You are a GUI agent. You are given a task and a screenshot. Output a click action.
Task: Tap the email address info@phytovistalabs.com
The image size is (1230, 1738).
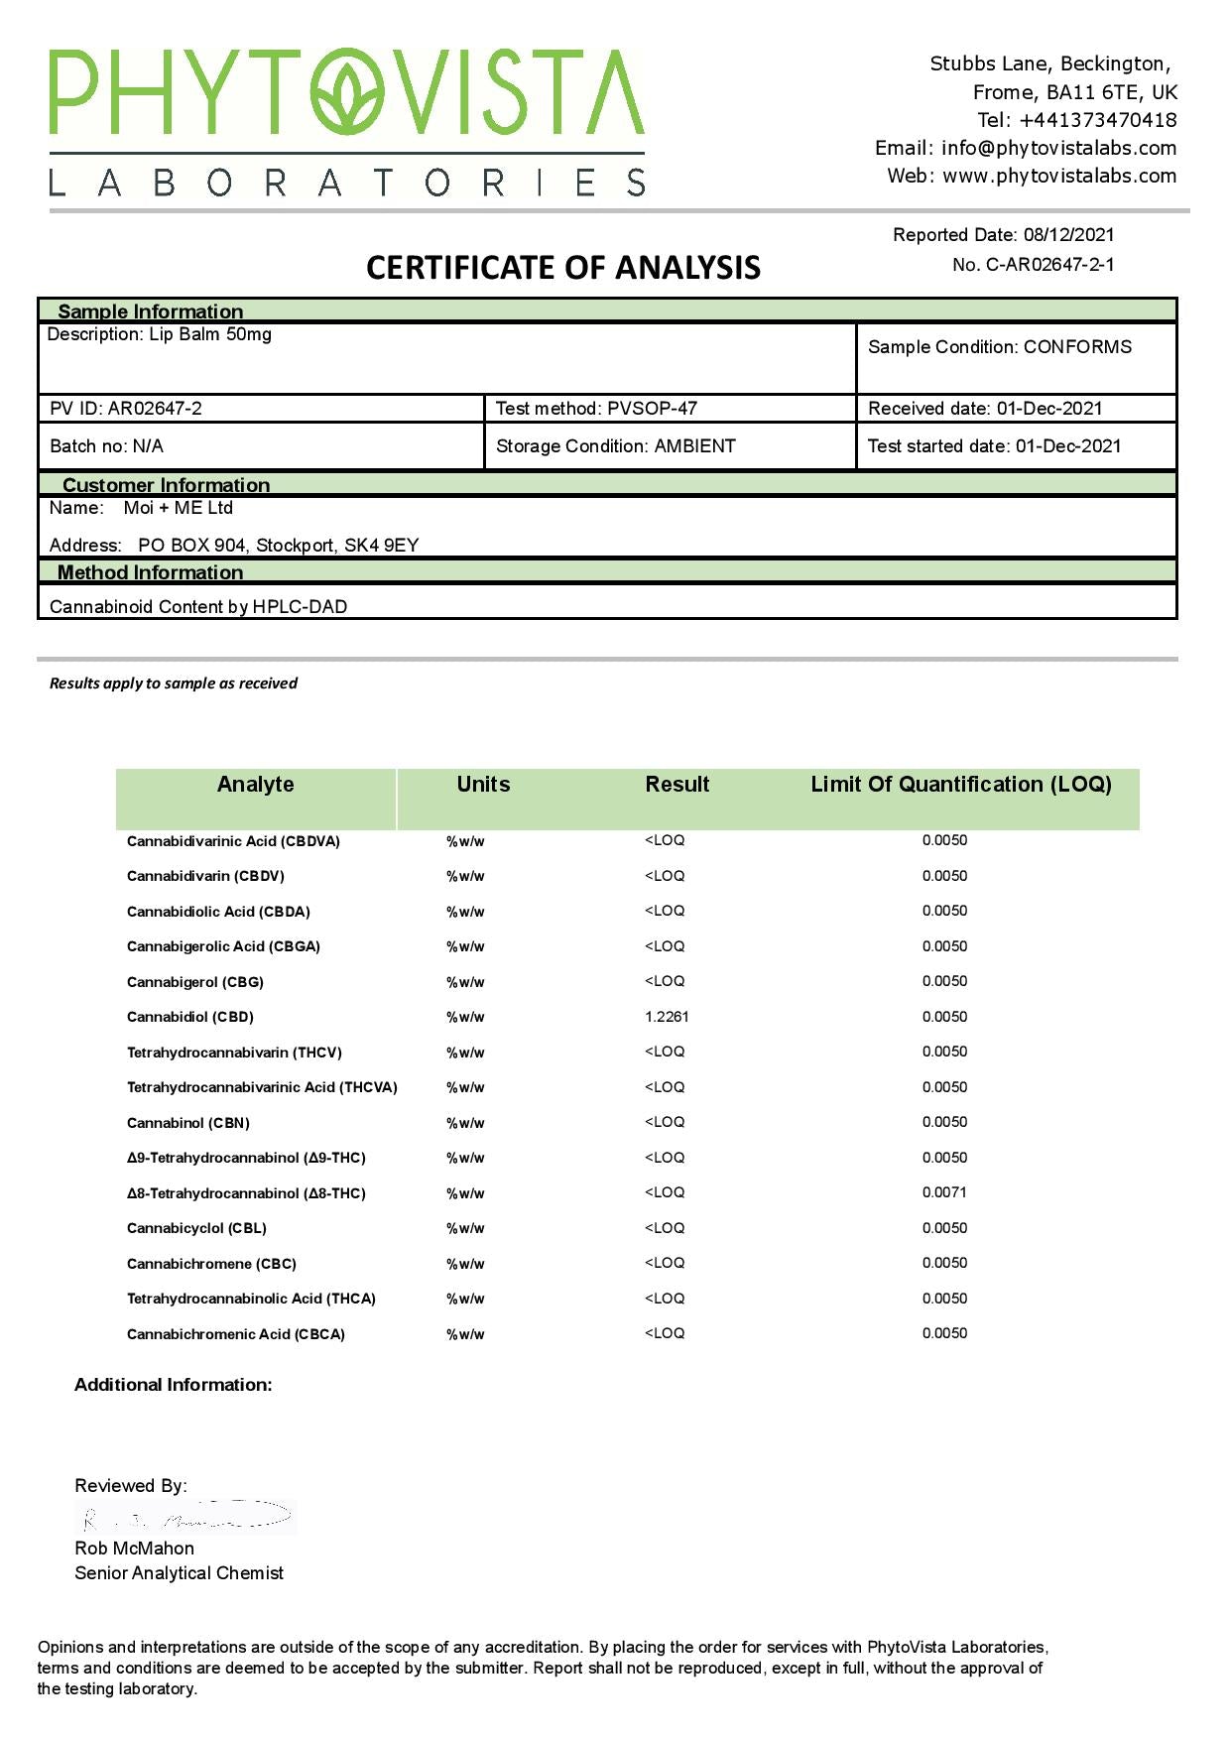point(1058,148)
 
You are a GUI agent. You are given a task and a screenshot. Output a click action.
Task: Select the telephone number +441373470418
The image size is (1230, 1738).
point(1097,120)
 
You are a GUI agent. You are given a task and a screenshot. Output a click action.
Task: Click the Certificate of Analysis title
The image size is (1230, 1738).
point(563,267)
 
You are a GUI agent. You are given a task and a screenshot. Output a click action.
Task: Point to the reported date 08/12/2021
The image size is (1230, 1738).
point(1068,235)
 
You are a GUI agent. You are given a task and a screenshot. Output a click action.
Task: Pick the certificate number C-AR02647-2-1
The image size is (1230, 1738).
point(1049,265)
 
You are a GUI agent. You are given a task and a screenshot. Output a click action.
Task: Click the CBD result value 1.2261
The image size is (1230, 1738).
point(667,1017)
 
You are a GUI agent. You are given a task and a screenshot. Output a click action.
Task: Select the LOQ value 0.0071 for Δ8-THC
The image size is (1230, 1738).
point(944,1192)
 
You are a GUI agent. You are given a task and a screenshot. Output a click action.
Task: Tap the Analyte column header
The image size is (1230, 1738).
point(256,785)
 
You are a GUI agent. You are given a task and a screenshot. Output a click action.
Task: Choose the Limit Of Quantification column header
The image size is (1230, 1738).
point(960,785)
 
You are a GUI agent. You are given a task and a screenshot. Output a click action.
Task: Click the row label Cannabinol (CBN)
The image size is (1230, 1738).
point(188,1123)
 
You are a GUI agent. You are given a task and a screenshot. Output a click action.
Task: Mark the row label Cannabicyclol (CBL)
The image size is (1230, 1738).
point(196,1228)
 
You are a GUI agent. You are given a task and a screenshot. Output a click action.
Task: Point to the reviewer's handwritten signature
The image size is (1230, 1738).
point(186,1518)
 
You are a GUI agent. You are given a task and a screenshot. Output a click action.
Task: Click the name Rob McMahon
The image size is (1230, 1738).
point(134,1549)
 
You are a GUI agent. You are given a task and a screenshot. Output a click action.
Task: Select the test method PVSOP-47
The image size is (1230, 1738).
point(652,409)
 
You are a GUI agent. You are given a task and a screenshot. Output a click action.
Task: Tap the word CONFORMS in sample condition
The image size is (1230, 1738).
point(1077,347)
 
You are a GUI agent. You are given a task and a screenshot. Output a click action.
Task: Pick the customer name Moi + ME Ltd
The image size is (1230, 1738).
point(179,508)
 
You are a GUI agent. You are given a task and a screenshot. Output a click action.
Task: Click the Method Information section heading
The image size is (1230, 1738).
point(150,572)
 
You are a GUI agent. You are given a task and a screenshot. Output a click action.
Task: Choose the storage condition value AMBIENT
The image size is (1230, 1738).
point(694,446)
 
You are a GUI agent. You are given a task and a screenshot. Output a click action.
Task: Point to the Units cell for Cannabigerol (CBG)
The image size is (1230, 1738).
point(465,982)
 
